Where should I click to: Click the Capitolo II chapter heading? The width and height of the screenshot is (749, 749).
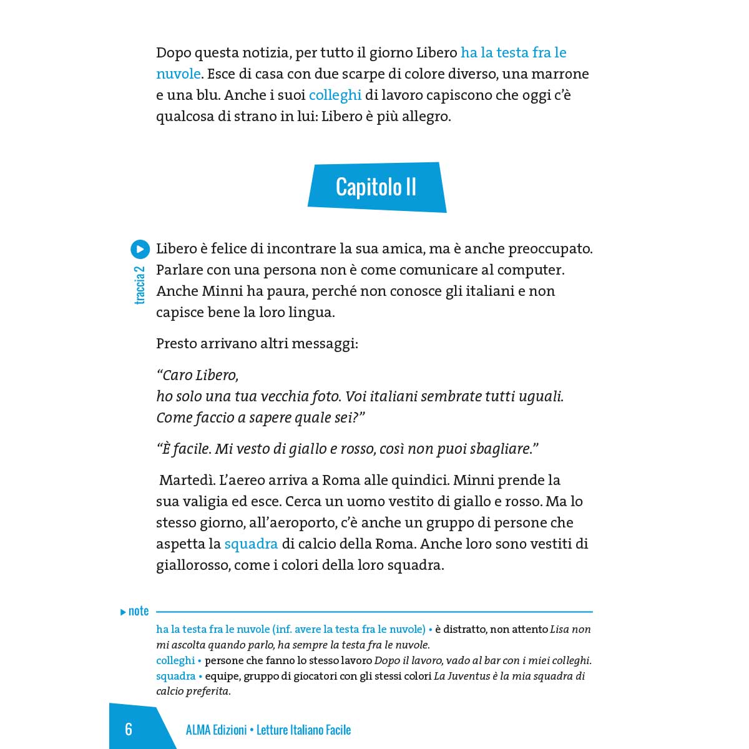tap(376, 187)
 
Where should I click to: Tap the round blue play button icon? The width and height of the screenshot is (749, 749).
tap(140, 249)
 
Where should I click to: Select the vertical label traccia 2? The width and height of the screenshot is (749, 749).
tap(140, 285)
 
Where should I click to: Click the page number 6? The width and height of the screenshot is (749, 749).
tap(129, 729)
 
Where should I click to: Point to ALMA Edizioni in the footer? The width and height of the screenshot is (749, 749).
tap(216, 730)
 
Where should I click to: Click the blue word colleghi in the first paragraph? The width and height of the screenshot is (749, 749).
tap(335, 95)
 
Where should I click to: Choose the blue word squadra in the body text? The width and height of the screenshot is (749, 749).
tap(251, 544)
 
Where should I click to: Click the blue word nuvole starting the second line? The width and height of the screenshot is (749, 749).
tap(179, 74)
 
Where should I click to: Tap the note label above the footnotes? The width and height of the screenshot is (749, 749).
tap(138, 611)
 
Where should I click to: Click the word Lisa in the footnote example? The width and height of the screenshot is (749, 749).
tap(560, 629)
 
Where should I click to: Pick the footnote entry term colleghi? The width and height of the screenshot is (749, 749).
tap(175, 660)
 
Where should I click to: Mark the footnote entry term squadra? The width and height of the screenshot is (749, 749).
tap(175, 676)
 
